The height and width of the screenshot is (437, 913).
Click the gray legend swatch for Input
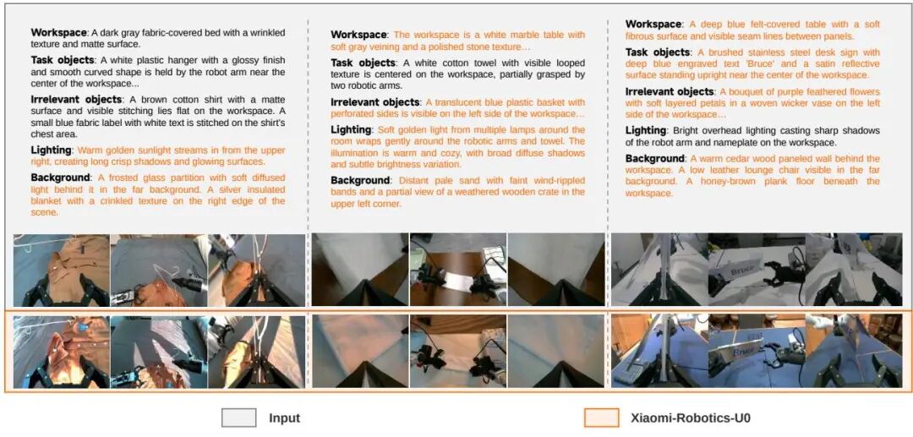pyautogui.click(x=238, y=418)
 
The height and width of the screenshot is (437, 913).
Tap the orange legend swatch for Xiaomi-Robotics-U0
pyautogui.click(x=601, y=418)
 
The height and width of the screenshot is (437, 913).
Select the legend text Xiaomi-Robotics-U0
pyautogui.click(x=685, y=418)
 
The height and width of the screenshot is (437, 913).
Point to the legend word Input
pyautogui.click(x=284, y=418)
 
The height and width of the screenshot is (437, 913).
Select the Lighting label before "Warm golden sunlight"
pyautogui.click(x=51, y=150)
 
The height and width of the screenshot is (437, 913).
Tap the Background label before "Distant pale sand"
pyautogui.click(x=360, y=180)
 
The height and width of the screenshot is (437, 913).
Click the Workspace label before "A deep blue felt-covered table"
pyautogui.click(x=653, y=25)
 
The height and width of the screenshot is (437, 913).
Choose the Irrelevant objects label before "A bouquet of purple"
pyautogui.click(x=670, y=92)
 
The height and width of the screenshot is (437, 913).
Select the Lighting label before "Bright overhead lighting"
pyautogui.click(x=646, y=131)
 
